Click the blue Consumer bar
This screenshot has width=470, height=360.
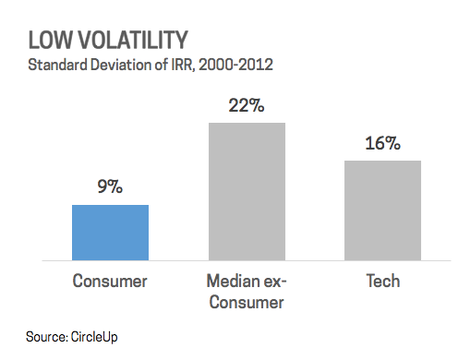[x=110, y=233]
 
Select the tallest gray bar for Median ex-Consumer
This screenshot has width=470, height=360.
[x=247, y=192]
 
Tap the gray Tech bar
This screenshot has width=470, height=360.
[x=382, y=210]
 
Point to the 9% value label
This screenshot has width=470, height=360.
[x=110, y=186]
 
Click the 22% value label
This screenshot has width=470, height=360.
[x=247, y=105]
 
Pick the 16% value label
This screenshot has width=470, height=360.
[x=382, y=143]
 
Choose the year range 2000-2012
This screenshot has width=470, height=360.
[x=235, y=65]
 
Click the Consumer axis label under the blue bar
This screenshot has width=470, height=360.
[x=110, y=281]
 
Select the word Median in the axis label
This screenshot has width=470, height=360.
[x=231, y=281]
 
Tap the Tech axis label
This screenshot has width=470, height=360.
[x=383, y=281]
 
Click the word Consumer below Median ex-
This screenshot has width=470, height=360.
[x=247, y=302]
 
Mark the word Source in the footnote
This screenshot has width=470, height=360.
[x=47, y=337]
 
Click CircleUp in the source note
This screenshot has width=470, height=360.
[x=94, y=337]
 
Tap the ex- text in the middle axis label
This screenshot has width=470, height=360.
[x=273, y=281]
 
